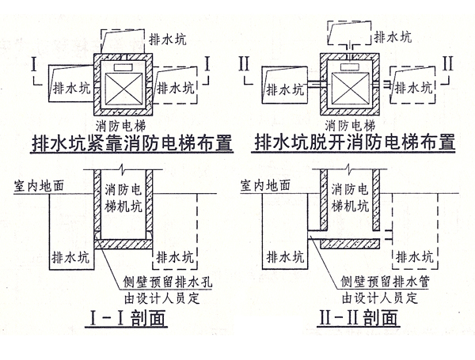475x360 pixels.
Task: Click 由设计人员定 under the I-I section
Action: (150, 299)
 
